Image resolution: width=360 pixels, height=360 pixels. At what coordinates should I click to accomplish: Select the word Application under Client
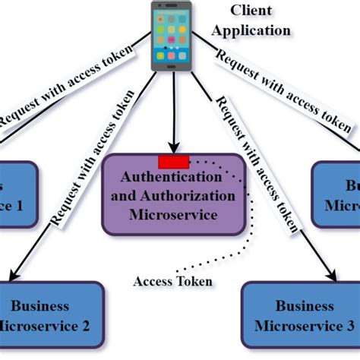point(251,31)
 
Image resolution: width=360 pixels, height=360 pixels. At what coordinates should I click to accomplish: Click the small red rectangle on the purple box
point(173,160)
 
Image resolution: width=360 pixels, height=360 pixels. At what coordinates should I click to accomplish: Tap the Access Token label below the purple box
point(173,281)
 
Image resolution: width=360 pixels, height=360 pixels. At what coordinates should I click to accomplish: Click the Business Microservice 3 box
point(299,315)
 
